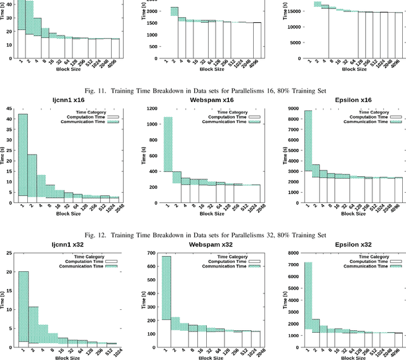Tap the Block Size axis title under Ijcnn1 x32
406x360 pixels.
click(x=66, y=357)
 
